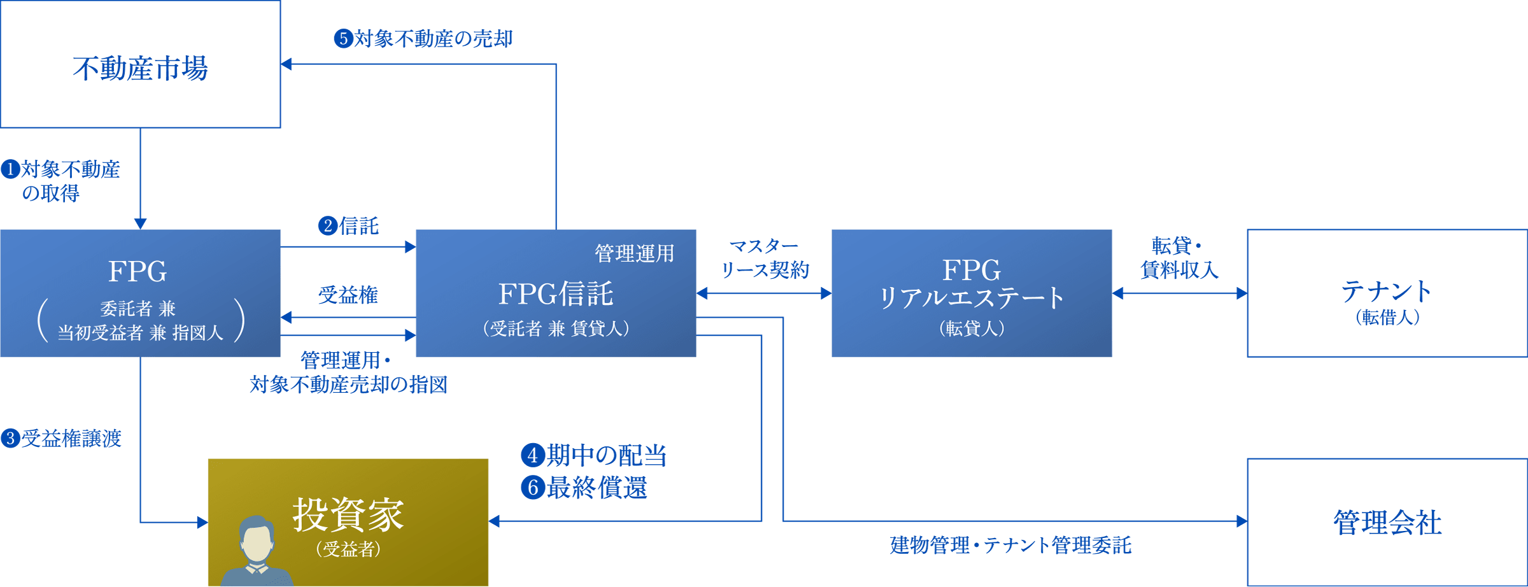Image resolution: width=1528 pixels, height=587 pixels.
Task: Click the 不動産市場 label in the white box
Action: pyautogui.click(x=140, y=68)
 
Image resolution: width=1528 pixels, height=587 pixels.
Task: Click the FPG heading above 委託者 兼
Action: pyautogui.click(x=138, y=272)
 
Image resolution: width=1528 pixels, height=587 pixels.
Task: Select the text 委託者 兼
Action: pyautogui.click(x=138, y=309)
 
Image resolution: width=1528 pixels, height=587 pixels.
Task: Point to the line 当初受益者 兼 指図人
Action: pyautogui.click(x=140, y=332)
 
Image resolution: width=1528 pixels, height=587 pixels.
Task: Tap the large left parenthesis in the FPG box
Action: pyautogui.click(x=43, y=320)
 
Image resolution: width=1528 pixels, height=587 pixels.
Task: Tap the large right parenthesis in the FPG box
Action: pyautogui.click(x=239, y=320)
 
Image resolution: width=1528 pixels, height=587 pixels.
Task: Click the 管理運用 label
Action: pyautogui.click(x=634, y=253)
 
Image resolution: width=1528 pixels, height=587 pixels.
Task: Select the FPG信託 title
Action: pyautogui.click(x=555, y=293)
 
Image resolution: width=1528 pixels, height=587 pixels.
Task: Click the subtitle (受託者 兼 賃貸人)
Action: pyautogui.click(x=556, y=329)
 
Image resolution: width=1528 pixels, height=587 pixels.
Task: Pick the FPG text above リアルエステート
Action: pyautogui.click(x=971, y=271)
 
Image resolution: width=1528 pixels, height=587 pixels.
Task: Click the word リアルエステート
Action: pyautogui.click(x=971, y=298)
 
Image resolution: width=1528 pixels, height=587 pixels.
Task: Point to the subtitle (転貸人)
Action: pyautogui.click(x=972, y=329)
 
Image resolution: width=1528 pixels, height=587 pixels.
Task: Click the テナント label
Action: pyautogui.click(x=1387, y=291)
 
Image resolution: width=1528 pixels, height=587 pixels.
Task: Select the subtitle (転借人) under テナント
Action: pyautogui.click(x=1387, y=317)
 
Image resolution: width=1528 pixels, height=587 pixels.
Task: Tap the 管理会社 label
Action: pyautogui.click(x=1387, y=522)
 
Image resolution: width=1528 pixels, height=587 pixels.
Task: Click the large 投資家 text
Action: pyautogui.click(x=348, y=514)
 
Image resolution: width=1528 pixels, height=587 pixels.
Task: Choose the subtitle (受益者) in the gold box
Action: pyautogui.click(x=348, y=549)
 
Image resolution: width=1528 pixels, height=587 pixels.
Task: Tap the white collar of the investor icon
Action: pyautogui.click(x=257, y=569)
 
